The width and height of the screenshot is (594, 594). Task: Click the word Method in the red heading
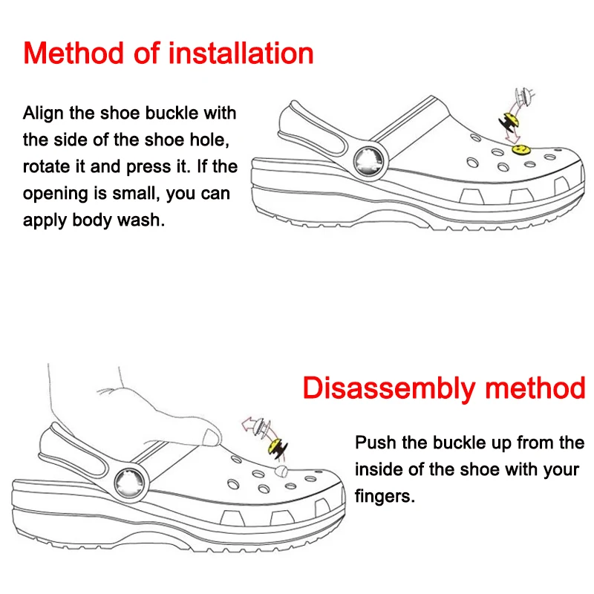click(74, 53)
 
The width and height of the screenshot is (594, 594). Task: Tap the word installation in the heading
click(241, 53)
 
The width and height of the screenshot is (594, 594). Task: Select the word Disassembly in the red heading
click(389, 389)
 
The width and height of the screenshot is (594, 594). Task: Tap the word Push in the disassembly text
click(376, 443)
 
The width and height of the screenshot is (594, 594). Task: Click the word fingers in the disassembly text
click(385, 497)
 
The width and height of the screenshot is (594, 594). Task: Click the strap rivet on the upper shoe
click(368, 162)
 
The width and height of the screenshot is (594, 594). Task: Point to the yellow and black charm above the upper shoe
click(509, 122)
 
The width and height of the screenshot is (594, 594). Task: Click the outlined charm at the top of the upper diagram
click(525, 97)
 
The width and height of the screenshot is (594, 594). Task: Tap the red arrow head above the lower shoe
click(248, 424)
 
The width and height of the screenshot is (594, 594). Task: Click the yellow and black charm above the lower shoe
click(278, 448)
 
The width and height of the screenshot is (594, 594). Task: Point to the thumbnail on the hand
click(211, 437)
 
